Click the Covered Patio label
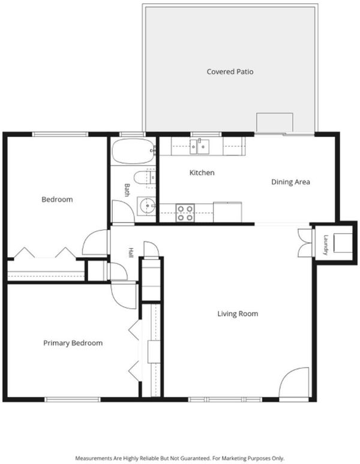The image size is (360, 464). [x=230, y=71]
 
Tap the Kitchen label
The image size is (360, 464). [x=202, y=173]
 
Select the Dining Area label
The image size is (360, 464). [x=291, y=182]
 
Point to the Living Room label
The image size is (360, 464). [x=238, y=314]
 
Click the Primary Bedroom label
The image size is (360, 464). [x=73, y=343]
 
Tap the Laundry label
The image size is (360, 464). [x=326, y=245]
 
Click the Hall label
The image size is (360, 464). [x=131, y=252]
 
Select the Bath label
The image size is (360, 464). [x=127, y=190]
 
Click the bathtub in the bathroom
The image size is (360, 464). [x=133, y=151]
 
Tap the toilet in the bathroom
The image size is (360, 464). [x=145, y=178]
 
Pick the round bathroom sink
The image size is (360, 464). [x=146, y=205]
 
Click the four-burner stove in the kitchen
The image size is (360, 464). [x=185, y=213]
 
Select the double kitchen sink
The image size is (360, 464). [x=200, y=146]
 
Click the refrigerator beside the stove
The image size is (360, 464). [x=227, y=212]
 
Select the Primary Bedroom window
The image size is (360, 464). [x=73, y=399]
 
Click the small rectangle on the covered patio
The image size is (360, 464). [x=275, y=122]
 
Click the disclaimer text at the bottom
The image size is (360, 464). [x=180, y=459]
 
